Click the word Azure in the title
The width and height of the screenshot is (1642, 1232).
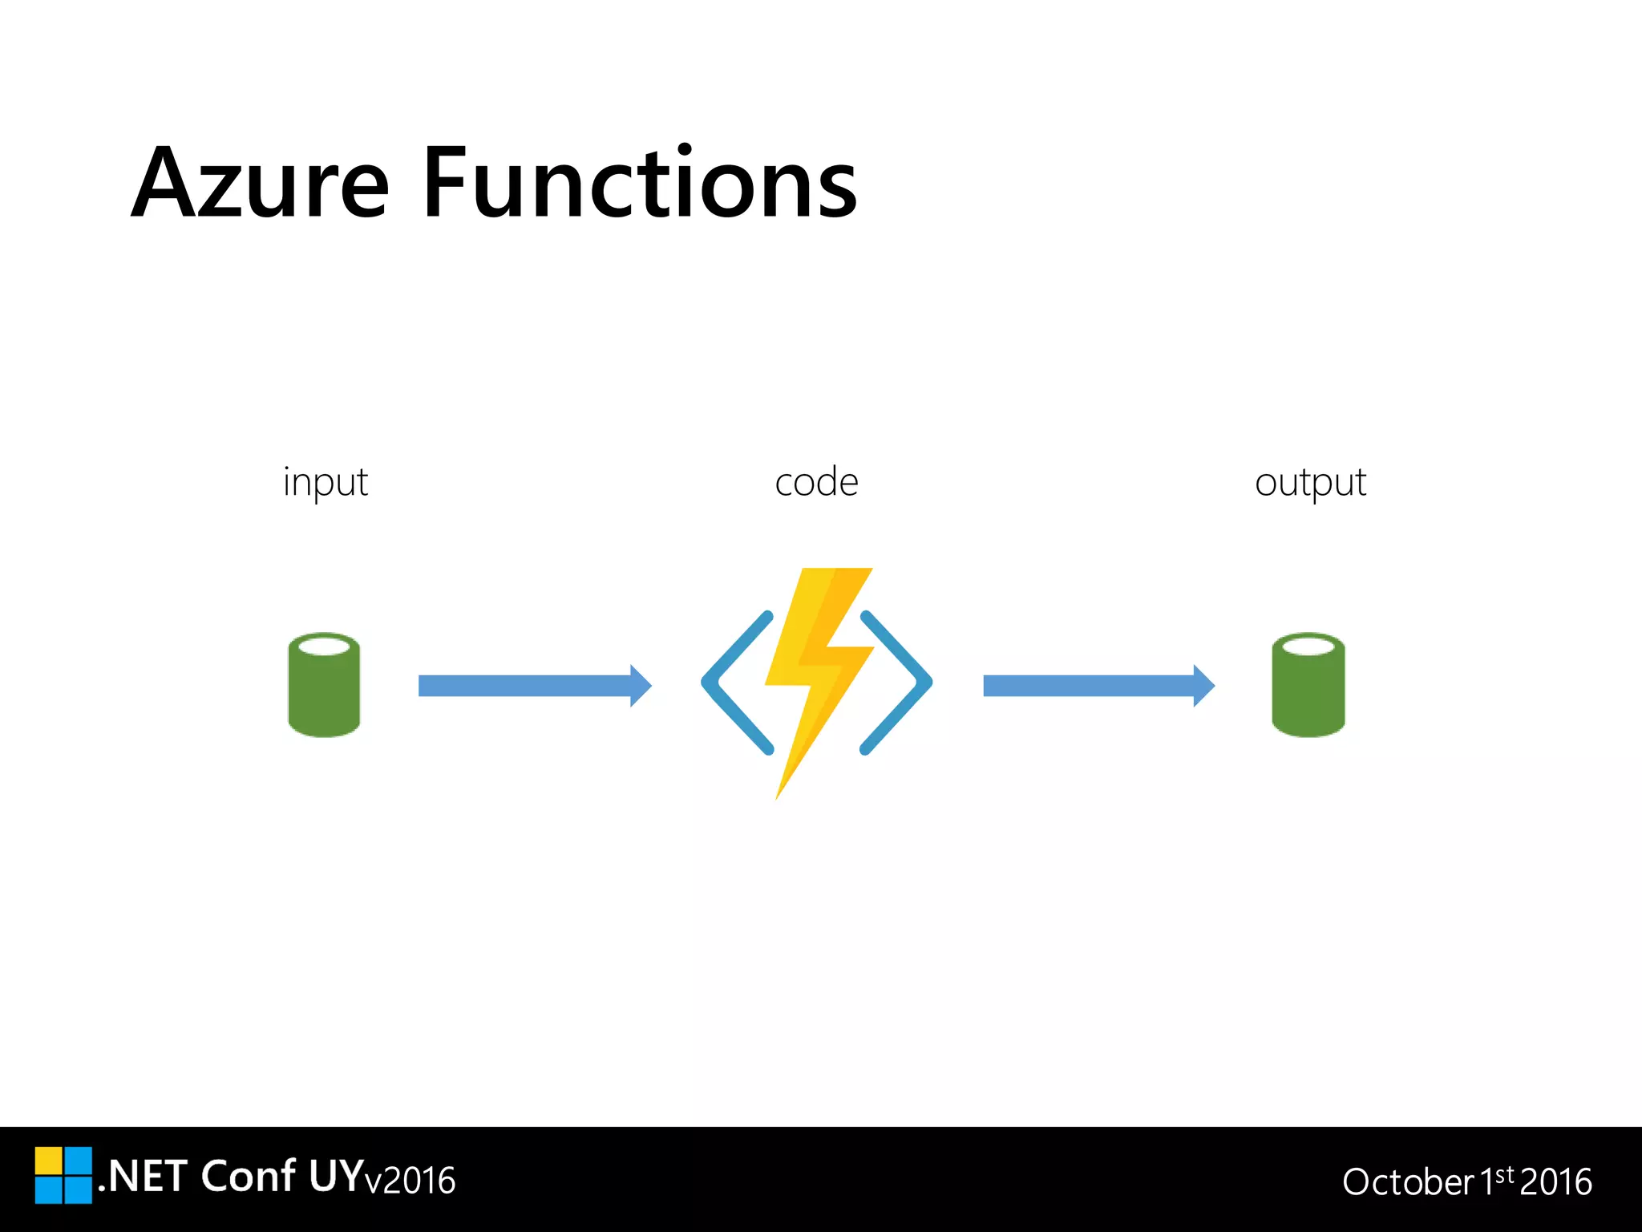pos(260,184)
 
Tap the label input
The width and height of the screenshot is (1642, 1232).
pos(325,483)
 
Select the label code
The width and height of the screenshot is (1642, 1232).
pos(816,483)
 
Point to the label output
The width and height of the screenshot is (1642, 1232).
pos(1310,483)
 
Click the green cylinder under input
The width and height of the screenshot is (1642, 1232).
pos(324,686)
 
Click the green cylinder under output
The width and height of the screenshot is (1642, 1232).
pos(1308,686)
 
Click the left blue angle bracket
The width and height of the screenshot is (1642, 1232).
pos(734,683)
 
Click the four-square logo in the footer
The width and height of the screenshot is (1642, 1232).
pos(63,1175)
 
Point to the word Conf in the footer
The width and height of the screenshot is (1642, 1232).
pos(248,1177)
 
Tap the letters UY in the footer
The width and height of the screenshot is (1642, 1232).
pos(336,1177)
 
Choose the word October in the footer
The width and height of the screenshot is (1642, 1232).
pos(1408,1182)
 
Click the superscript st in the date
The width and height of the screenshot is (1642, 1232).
pos(1505,1174)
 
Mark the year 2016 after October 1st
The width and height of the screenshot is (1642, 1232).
pos(1555,1182)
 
